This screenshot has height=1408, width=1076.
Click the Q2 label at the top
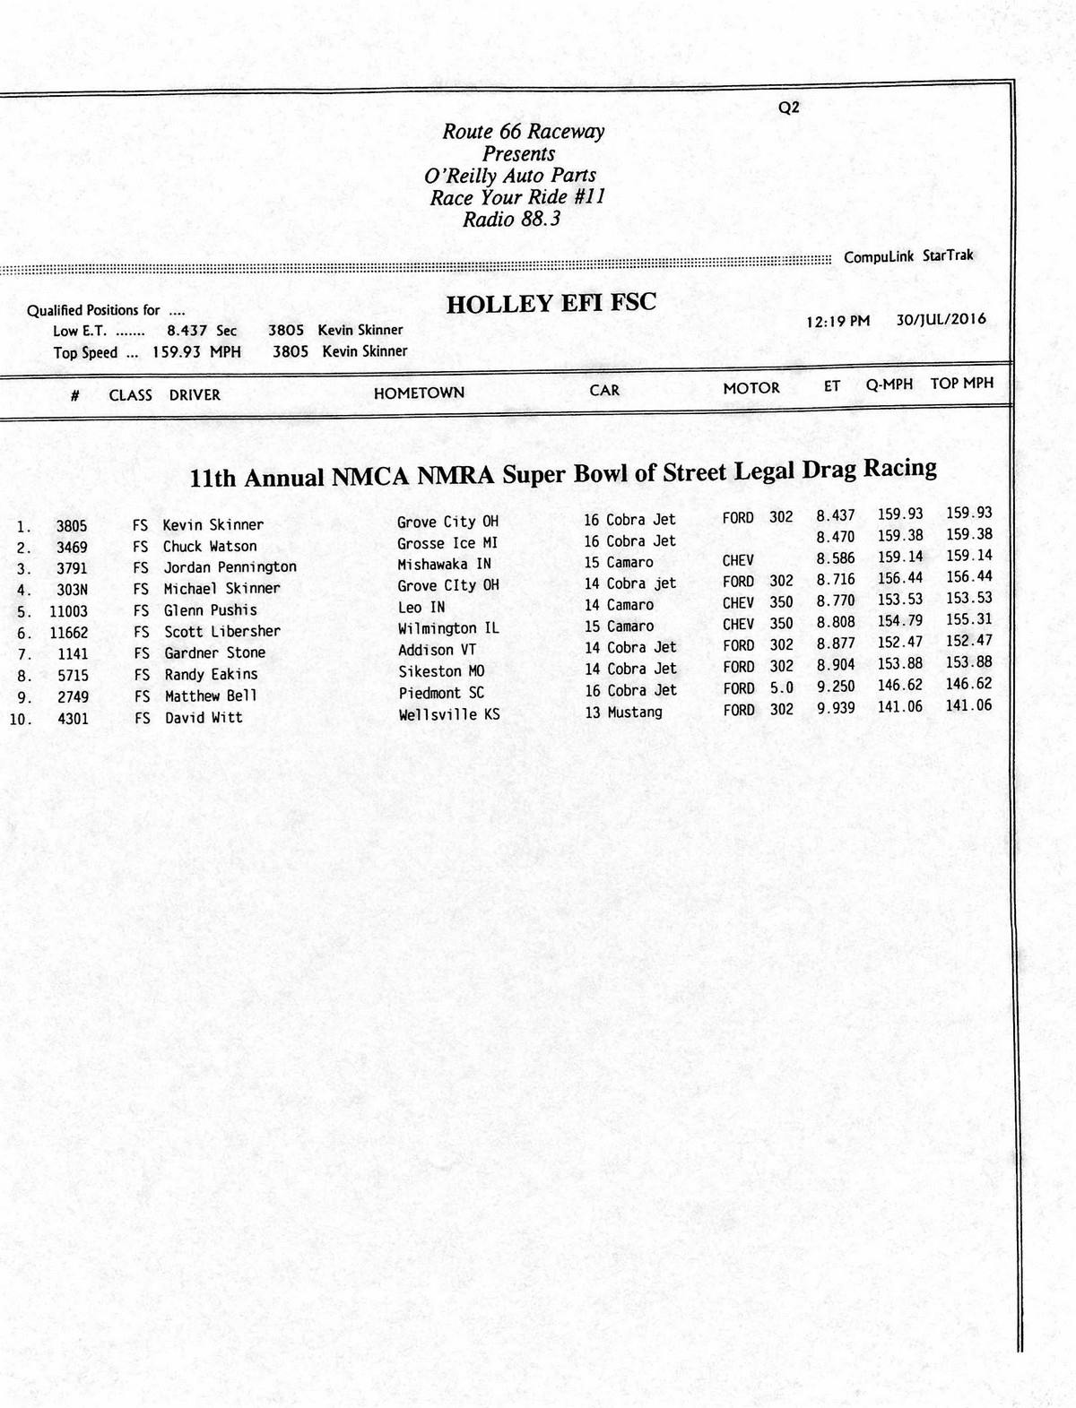[789, 108]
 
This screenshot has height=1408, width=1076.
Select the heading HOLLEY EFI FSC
[551, 304]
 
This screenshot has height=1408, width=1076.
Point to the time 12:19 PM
[837, 321]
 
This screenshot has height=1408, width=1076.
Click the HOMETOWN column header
[419, 393]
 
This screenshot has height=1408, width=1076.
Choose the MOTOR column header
[751, 388]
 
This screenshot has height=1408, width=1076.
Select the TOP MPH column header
[961, 384]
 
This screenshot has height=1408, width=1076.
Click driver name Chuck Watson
[210, 546]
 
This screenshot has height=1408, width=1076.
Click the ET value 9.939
[835, 708]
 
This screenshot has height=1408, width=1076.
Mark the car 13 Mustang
[623, 713]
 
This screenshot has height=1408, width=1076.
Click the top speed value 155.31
[968, 619]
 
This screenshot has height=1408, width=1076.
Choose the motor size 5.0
[781, 687]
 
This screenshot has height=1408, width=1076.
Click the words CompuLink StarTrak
[908, 256]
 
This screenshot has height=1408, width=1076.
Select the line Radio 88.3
[511, 220]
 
